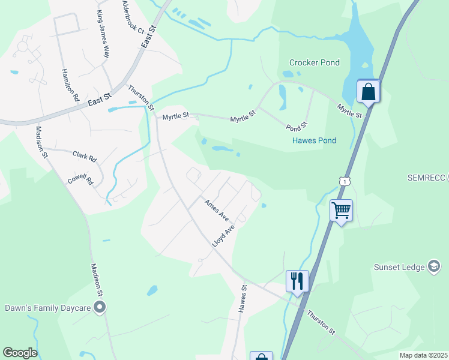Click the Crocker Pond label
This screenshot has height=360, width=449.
pos(314,62)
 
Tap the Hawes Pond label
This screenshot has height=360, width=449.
pos(313,140)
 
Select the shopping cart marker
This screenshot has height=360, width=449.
pos(341,210)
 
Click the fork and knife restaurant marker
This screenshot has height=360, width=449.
pos(297,280)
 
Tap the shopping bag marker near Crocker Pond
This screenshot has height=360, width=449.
pos(368,92)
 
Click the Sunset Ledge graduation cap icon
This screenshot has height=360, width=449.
pos(434,266)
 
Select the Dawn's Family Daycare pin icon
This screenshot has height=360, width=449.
pos(100,308)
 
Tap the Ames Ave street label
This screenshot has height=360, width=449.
pos(216,209)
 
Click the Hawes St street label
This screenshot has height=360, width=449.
pos(243,299)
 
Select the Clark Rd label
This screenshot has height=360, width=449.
pos(85,157)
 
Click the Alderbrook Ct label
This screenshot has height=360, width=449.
pos(133,17)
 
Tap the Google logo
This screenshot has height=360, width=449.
pos(20,353)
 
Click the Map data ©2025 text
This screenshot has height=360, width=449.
pos(423,355)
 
